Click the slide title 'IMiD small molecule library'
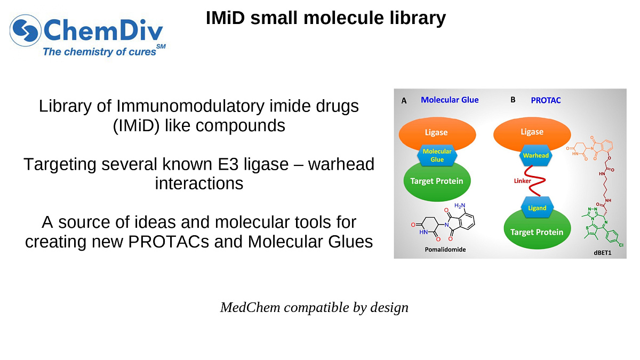[325, 18]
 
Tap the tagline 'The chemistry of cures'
[100, 52]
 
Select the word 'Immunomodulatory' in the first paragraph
[185, 106]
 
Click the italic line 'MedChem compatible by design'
[314, 308]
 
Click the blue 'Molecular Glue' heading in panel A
[450, 100]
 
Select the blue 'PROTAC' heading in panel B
[546, 100]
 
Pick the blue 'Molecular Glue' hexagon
[437, 155]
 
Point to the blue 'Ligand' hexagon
[537, 207]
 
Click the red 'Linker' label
[522, 181]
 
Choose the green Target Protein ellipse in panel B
[537, 232]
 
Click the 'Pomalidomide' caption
[445, 249]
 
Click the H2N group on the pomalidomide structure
[460, 205]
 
